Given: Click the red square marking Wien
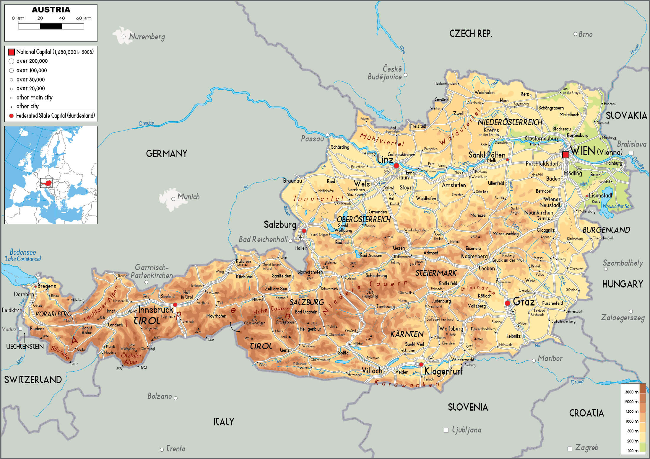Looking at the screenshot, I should click(565, 155).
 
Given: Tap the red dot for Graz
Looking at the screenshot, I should click(507, 303).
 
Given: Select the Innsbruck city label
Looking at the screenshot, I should click(156, 310).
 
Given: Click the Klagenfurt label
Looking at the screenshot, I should click(443, 371).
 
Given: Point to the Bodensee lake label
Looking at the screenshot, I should click(23, 252).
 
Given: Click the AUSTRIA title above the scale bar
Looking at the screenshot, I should click(51, 10).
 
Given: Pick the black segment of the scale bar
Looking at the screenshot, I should click(51, 26).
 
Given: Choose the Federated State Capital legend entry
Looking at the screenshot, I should click(55, 116).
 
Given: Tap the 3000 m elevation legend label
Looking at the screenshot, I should click(631, 392).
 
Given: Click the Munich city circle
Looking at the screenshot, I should click(173, 199).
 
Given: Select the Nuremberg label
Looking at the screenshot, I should click(147, 37).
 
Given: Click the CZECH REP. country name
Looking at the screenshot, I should click(470, 34).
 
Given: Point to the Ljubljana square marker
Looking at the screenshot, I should click(446, 430).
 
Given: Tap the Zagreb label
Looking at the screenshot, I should click(586, 447).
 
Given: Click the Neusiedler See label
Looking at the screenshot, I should click(617, 206).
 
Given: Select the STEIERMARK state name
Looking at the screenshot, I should click(436, 273).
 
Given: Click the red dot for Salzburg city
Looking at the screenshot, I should click(304, 231).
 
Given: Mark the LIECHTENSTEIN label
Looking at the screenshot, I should click(25, 347).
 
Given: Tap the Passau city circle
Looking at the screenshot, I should click(327, 135).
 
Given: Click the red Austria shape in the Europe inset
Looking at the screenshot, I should click(46, 183).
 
